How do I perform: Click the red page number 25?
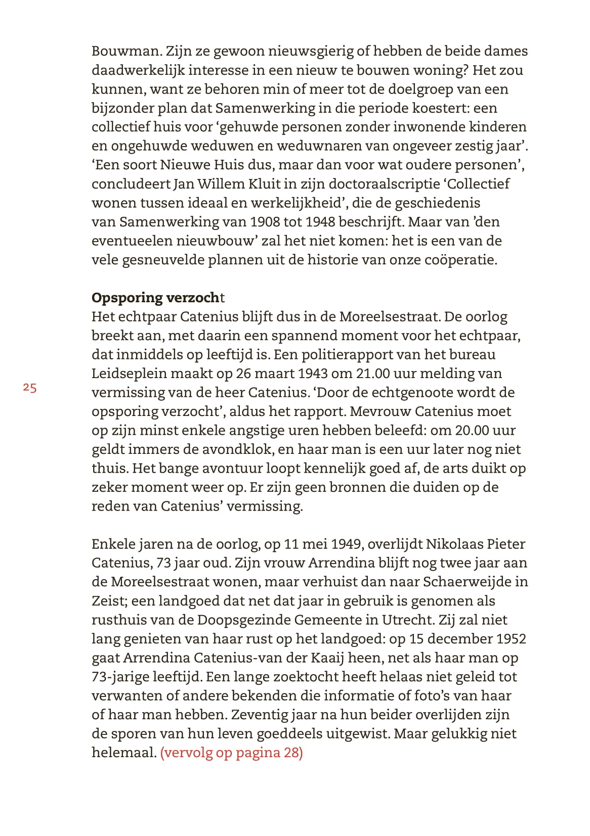tap(30, 388)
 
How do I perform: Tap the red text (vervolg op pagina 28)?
tap(231, 753)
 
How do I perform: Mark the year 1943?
tap(313, 374)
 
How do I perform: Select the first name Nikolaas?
tap(454, 544)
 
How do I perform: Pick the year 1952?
tap(511, 639)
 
